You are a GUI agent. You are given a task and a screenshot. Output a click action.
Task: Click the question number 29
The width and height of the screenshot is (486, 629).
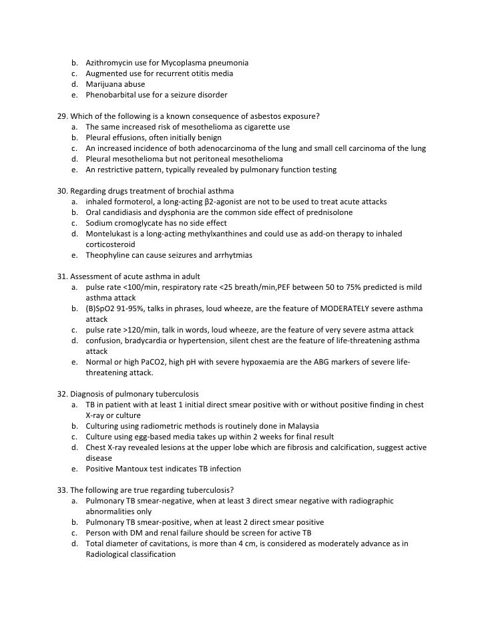coord(63,116)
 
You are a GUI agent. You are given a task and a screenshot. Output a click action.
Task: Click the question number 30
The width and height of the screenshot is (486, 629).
coord(63,191)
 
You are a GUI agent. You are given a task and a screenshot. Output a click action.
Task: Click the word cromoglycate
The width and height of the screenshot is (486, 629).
coord(138,223)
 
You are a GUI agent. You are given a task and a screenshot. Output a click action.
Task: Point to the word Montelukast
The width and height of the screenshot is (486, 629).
coord(109,234)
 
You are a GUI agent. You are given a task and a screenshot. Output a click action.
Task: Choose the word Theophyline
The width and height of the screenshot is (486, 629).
coord(109,255)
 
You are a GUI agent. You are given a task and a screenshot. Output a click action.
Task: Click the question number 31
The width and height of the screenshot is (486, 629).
coord(63,276)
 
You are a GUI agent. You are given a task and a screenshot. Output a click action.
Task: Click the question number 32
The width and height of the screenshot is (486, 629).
coord(63,394)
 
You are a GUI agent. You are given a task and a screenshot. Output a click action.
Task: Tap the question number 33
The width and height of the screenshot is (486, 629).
coord(63,490)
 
